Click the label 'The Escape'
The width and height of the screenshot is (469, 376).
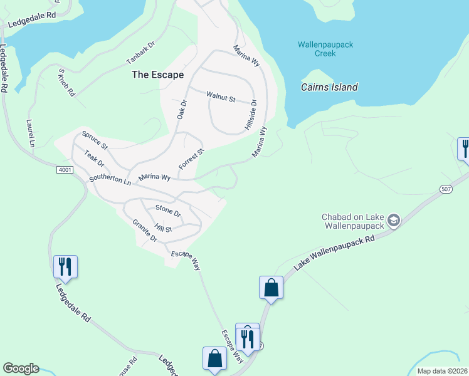pyautogui.click(x=157, y=75)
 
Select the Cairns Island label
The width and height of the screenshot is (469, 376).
pyautogui.click(x=329, y=87)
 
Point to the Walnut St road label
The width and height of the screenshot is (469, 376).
pyautogui.click(x=221, y=98)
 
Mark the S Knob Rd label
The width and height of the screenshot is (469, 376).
pyautogui.click(x=66, y=82)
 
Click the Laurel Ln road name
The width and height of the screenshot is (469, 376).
pyautogui.click(x=29, y=133)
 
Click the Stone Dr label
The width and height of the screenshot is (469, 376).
pyautogui.click(x=168, y=211)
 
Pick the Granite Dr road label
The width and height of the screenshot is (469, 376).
pyautogui.click(x=145, y=231)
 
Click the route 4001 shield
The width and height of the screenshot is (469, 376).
pyautogui.click(x=65, y=170)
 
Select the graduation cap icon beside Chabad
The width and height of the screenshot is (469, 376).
pyautogui.click(x=393, y=221)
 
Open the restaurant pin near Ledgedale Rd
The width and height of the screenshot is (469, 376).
pyautogui.click(x=65, y=266)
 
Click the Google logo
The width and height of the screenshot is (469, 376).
pyautogui.click(x=21, y=368)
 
